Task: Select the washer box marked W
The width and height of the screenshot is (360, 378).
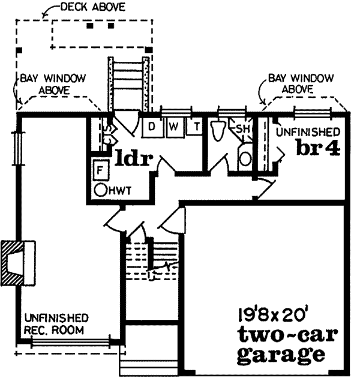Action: pos(175,126)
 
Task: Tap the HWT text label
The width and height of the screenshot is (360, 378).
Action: pos(121,191)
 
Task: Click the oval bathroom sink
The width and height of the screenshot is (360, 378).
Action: pos(245,158)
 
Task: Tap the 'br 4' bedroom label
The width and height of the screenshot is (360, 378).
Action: pos(317,148)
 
